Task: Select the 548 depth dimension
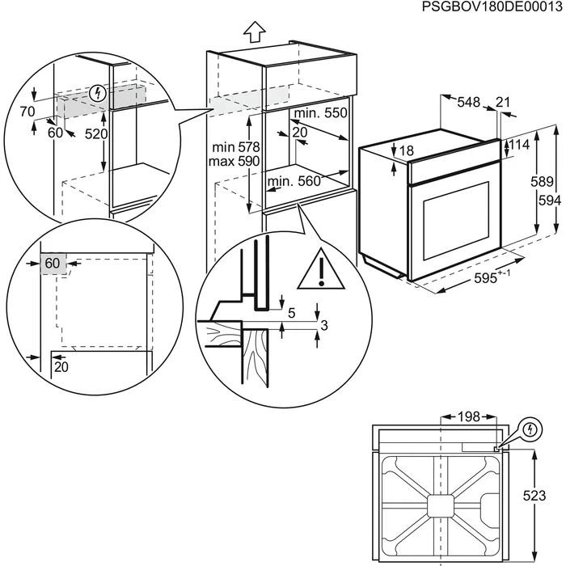click(468, 102)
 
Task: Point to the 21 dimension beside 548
click(503, 102)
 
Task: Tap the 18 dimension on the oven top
click(405, 151)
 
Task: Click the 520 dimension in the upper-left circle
click(95, 133)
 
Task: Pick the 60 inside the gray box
click(53, 264)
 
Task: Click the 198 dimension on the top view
click(467, 416)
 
